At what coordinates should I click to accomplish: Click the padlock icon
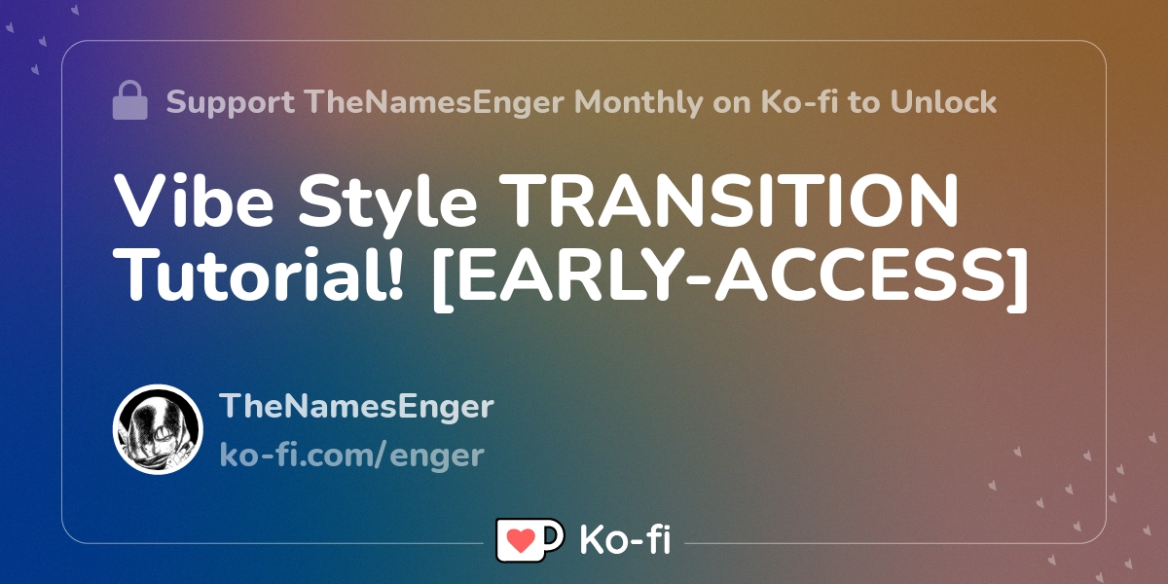[x=129, y=100]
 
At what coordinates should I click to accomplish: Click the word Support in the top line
[x=230, y=103]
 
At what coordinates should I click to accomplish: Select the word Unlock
[x=943, y=101]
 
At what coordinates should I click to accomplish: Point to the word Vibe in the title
[x=194, y=201]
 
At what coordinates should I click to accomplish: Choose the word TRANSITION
[x=728, y=201]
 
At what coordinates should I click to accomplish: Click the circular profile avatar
[x=158, y=429]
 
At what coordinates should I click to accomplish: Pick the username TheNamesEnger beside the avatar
[x=356, y=407]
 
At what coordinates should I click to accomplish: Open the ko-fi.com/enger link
[x=352, y=456]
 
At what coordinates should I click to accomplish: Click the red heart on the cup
[x=521, y=540]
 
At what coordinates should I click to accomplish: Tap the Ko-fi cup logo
[x=529, y=539]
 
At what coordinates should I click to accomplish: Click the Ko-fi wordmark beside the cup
[x=625, y=539]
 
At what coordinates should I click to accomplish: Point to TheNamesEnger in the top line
[x=435, y=103]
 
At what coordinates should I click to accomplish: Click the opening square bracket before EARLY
[x=442, y=279]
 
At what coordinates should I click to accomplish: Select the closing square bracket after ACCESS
[x=1017, y=279]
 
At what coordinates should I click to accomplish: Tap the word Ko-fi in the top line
[x=799, y=101]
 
